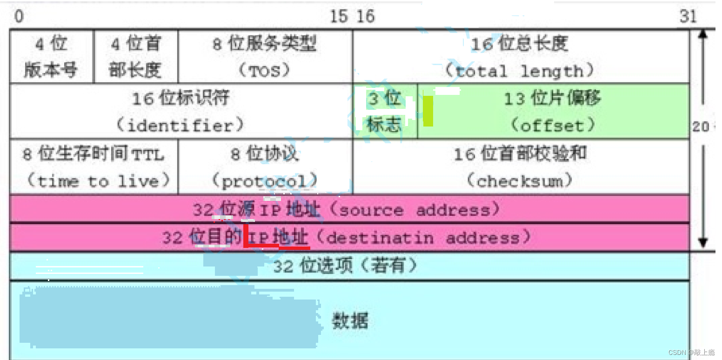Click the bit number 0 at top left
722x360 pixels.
tap(19, 16)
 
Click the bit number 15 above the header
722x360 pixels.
tap(339, 17)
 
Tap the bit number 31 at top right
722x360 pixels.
tap(689, 17)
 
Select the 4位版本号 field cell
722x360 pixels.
tap(52, 57)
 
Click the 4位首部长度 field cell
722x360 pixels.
tap(136, 57)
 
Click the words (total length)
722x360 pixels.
tap(520, 71)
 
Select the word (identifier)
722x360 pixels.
tap(180, 126)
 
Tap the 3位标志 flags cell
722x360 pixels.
tap(384, 112)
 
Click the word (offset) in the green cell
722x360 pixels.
tap(553, 126)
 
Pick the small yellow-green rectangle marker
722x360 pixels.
tap(428, 111)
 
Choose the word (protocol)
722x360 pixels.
tap(265, 180)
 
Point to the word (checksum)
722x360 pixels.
tap(520, 180)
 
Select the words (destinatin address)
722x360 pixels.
tap(422, 238)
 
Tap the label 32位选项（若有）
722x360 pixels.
tap(345, 266)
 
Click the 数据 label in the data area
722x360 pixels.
tap(350, 320)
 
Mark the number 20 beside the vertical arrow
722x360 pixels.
tap(700, 127)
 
